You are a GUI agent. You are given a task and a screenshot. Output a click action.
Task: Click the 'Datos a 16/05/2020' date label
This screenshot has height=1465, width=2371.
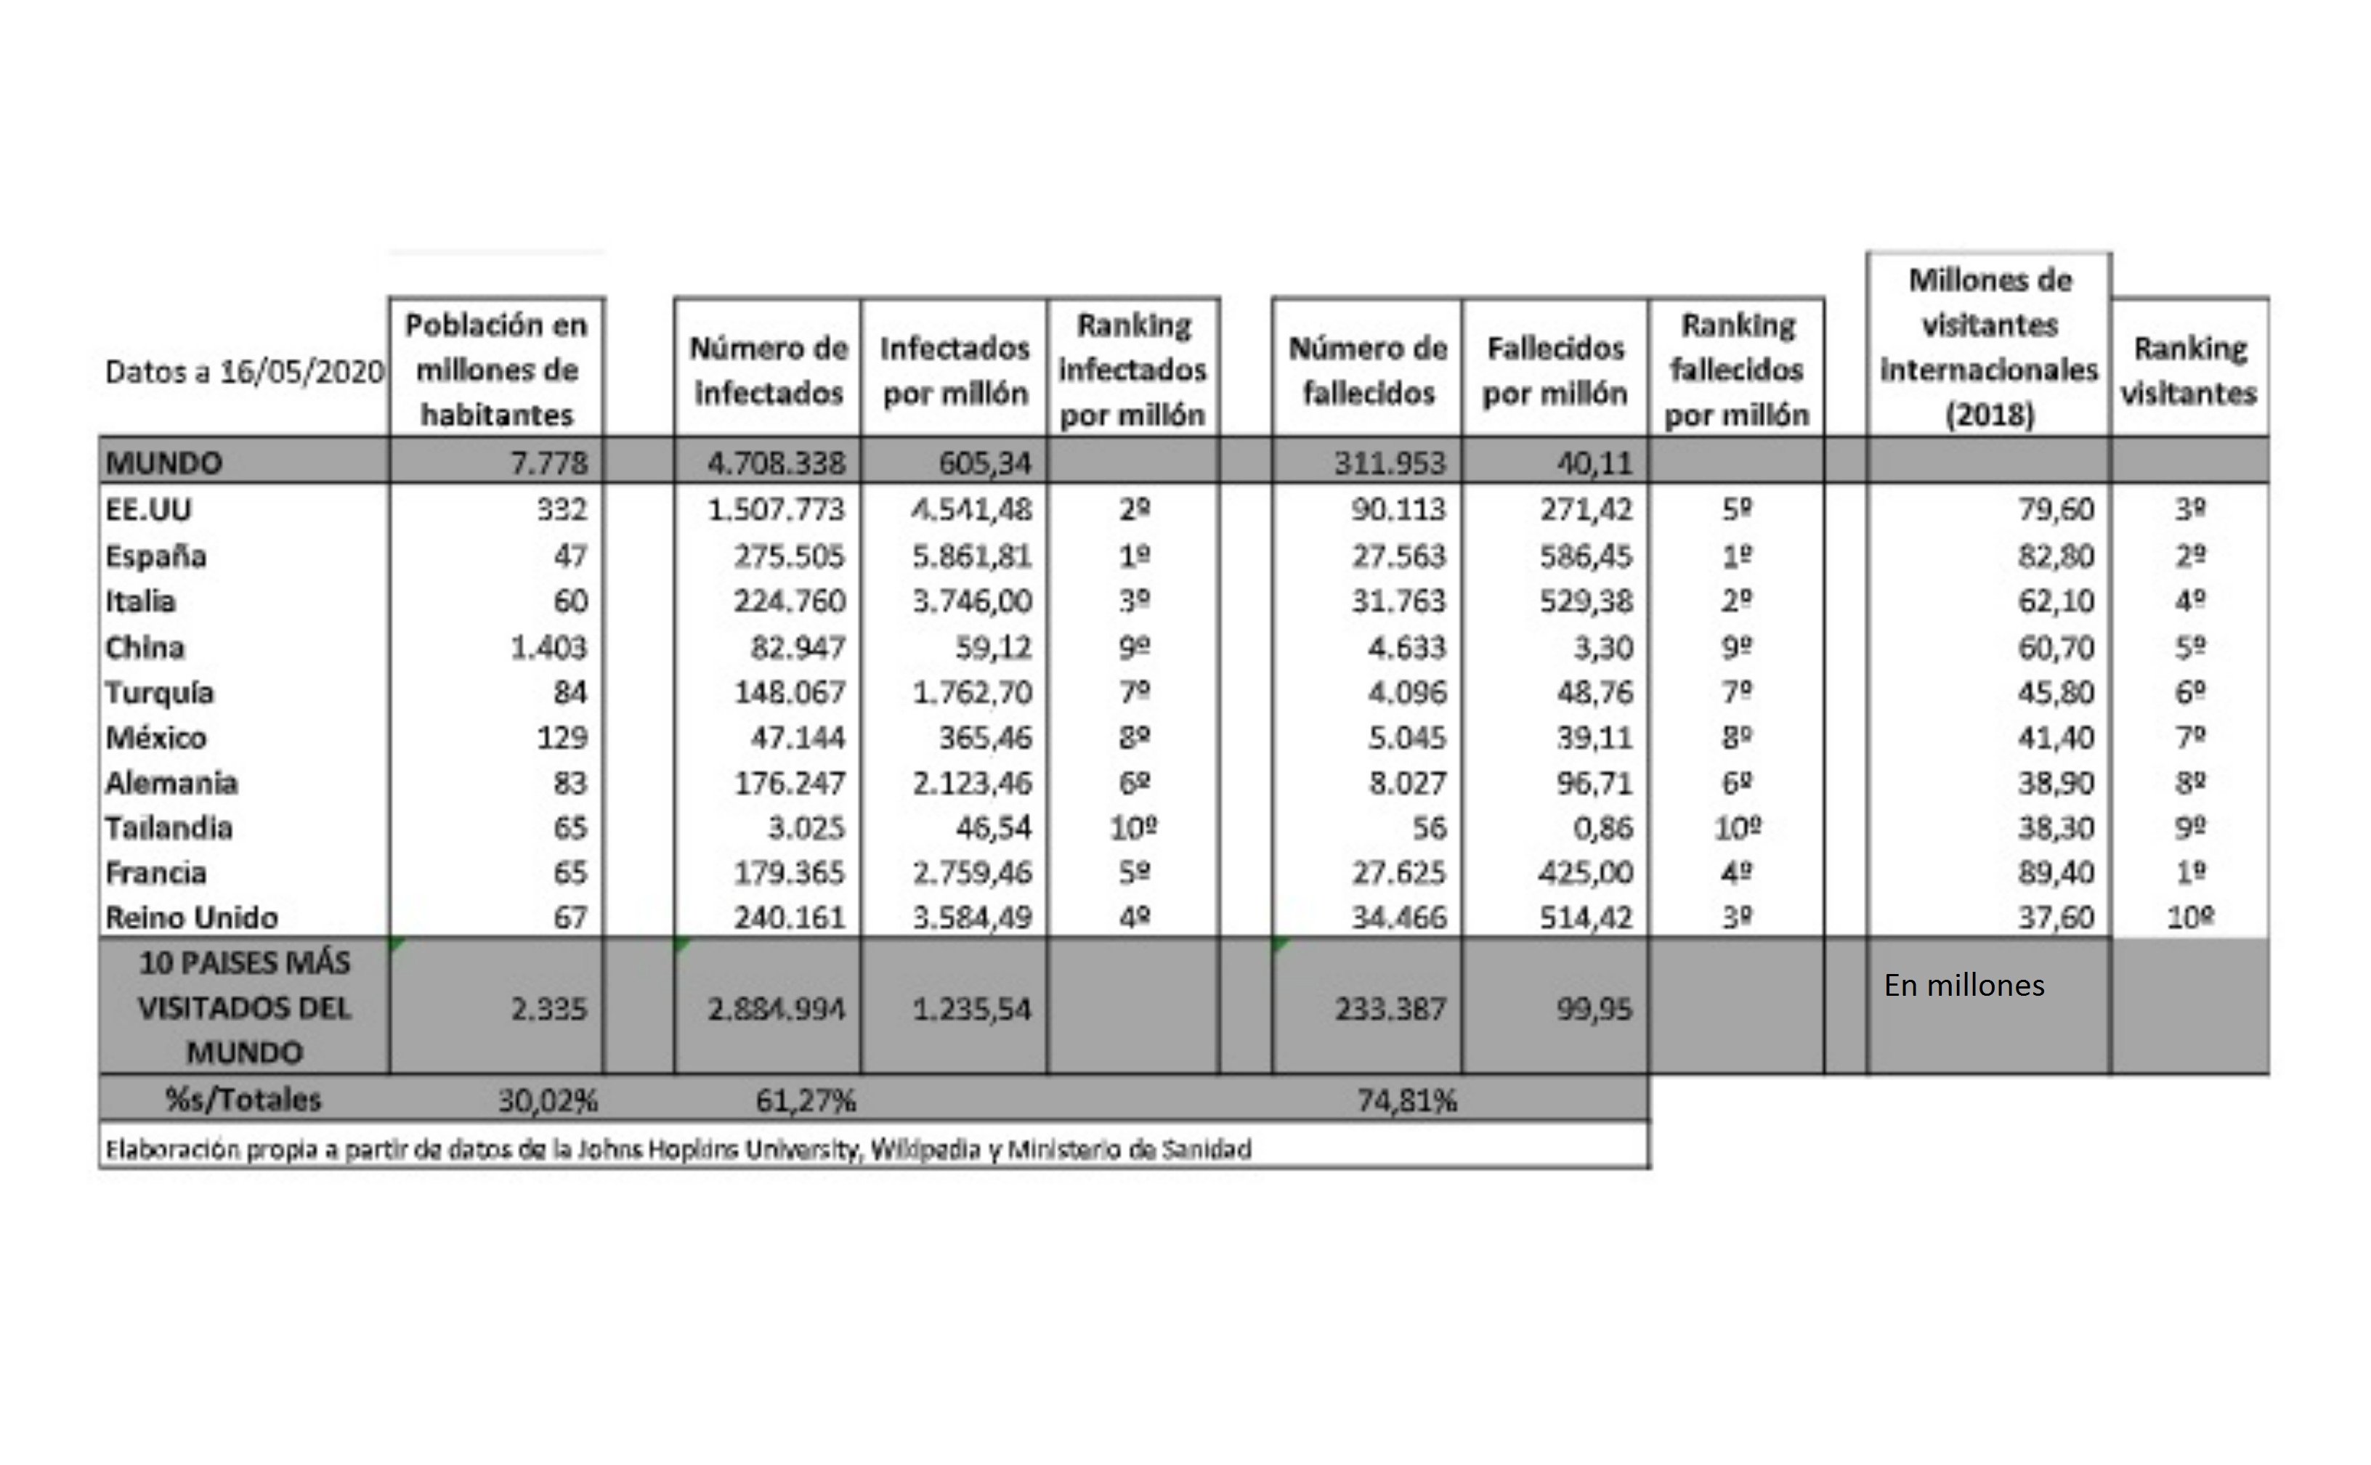[x=244, y=372]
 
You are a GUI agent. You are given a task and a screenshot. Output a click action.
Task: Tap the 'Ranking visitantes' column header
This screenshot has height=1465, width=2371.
[x=2189, y=370]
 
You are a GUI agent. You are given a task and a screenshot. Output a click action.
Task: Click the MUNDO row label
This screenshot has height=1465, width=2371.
[x=163, y=462]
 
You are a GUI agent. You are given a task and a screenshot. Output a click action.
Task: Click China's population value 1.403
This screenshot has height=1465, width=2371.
[x=548, y=647]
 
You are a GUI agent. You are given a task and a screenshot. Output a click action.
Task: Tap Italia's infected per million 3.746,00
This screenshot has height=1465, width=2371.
[x=972, y=601]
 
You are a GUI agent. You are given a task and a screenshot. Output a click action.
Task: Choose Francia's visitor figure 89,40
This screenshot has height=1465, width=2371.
[x=2055, y=873]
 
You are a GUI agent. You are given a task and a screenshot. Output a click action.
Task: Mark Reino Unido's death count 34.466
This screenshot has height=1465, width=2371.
[x=1399, y=917]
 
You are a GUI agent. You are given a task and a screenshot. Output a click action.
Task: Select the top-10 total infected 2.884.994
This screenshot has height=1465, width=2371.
[x=776, y=1010]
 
